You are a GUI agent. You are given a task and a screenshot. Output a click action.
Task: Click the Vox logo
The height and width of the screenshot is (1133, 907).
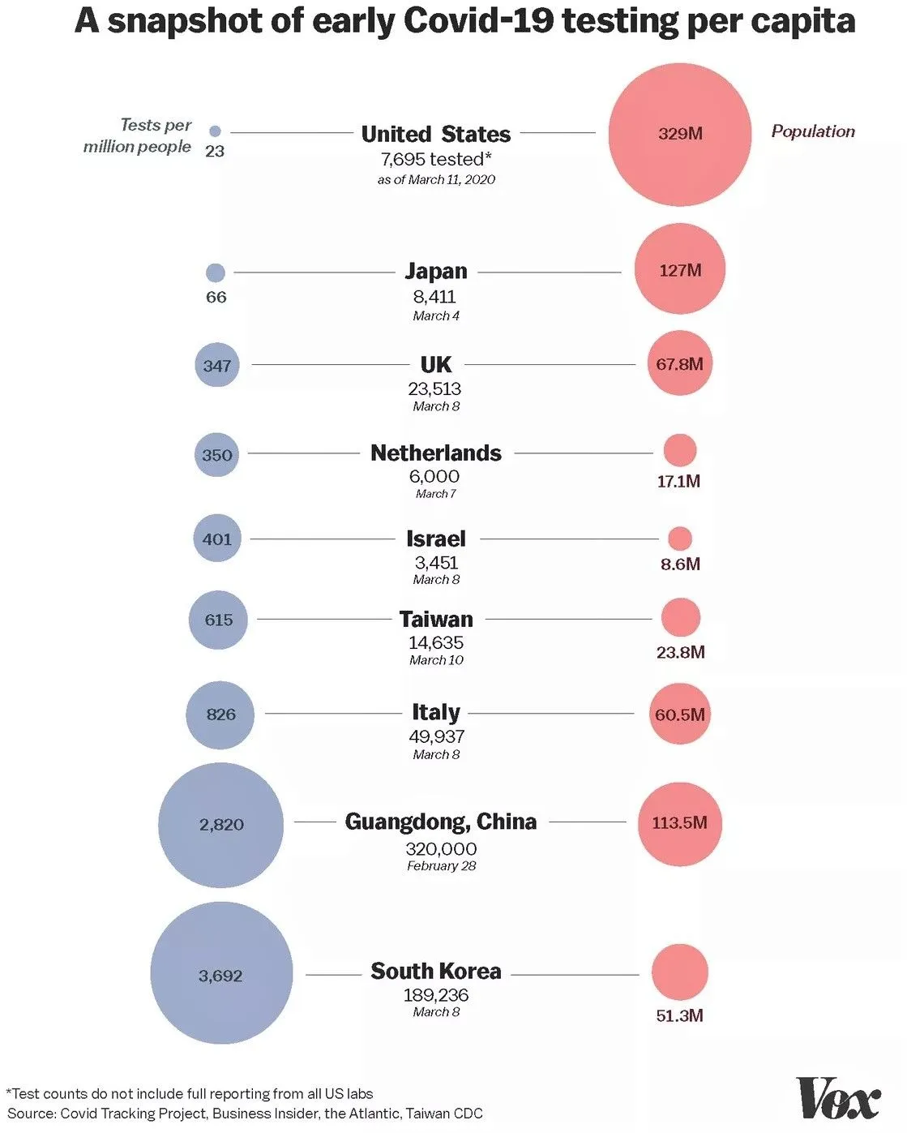pyautogui.click(x=838, y=1099)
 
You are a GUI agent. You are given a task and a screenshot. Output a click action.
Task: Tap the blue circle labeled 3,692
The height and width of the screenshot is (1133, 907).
pyautogui.click(x=221, y=973)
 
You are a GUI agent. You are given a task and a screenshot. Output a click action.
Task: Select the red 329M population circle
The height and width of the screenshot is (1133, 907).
pyautogui.click(x=679, y=135)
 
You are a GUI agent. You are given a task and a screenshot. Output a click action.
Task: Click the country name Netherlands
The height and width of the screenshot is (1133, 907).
pyautogui.click(x=436, y=453)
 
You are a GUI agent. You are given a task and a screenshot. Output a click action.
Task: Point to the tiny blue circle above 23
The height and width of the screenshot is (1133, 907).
pyautogui.click(x=215, y=131)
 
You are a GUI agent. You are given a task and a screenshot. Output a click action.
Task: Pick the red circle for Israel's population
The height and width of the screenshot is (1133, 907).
pyautogui.click(x=680, y=538)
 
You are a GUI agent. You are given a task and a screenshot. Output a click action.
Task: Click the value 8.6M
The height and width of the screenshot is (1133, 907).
pyautogui.click(x=680, y=564)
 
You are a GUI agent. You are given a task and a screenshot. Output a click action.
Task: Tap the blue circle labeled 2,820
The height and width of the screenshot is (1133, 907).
pyautogui.click(x=221, y=825)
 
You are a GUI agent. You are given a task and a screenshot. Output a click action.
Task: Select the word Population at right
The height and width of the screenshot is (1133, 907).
pyautogui.click(x=813, y=131)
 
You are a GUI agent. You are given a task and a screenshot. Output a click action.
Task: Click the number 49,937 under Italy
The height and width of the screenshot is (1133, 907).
pyautogui.click(x=436, y=736)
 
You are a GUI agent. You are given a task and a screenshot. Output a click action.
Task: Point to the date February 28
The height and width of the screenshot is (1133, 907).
pyautogui.click(x=441, y=866)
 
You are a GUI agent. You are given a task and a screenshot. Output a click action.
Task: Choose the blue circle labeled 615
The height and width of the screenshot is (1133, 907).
pyautogui.click(x=218, y=620)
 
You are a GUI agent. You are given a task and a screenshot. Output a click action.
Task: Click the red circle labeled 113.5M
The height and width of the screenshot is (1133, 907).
pyautogui.click(x=679, y=823)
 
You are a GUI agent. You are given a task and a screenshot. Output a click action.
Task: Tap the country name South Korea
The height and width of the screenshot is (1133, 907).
pyautogui.click(x=436, y=971)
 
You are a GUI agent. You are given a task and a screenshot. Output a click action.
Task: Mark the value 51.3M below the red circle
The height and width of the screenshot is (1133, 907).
pyautogui.click(x=679, y=1015)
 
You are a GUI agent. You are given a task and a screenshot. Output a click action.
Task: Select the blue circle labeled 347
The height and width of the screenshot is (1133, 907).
pyautogui.click(x=217, y=365)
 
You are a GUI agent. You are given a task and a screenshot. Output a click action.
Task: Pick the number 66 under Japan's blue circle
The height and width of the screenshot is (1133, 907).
pyautogui.click(x=216, y=297)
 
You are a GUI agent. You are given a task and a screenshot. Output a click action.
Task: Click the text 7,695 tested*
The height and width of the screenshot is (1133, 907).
pyautogui.click(x=436, y=159)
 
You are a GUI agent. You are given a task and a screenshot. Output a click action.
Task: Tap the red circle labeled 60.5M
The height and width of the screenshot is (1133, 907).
pyautogui.click(x=679, y=715)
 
